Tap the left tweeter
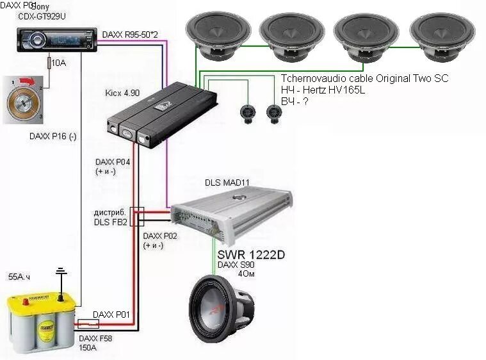247,112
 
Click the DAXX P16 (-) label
53,136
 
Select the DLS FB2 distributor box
136,217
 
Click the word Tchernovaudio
312,78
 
